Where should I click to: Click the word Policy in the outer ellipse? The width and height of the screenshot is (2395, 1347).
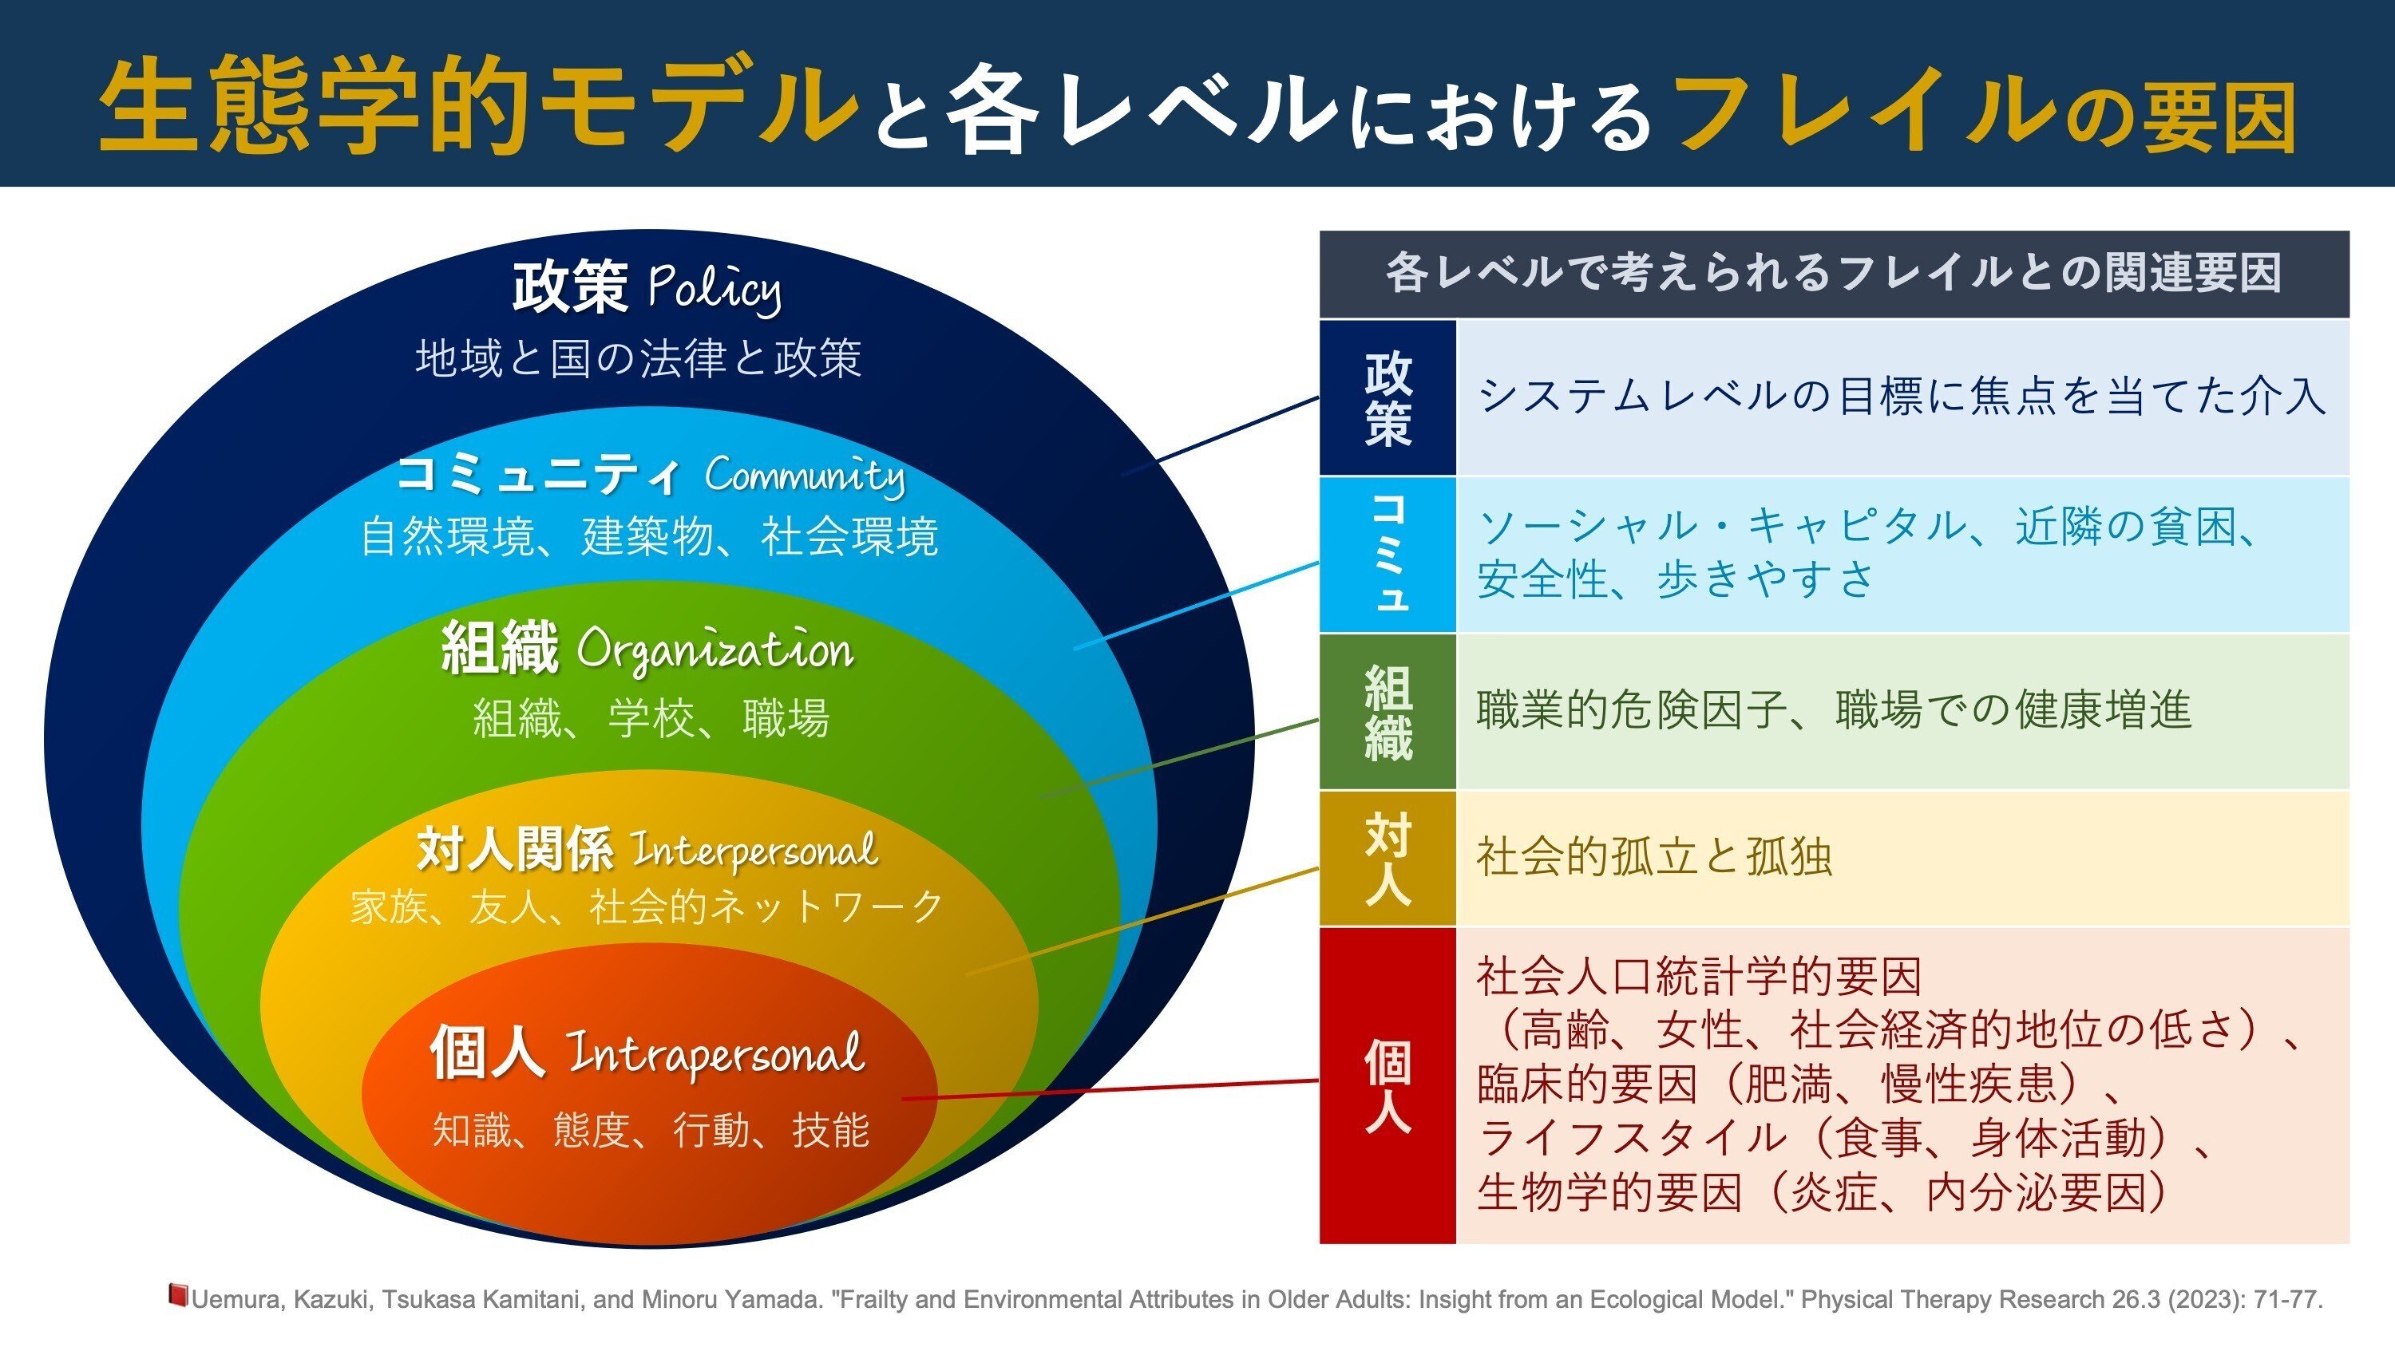click(714, 289)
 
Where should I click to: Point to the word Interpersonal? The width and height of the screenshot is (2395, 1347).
click(754, 850)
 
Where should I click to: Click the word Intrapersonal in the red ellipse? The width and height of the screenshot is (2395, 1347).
click(716, 1054)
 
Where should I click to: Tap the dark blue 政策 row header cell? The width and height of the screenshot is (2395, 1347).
click(1388, 398)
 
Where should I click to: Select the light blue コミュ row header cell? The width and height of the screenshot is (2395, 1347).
click(1388, 555)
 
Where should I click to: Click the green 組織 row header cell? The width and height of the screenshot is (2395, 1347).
click(1388, 712)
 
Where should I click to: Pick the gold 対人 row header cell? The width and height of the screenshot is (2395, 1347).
click(1388, 858)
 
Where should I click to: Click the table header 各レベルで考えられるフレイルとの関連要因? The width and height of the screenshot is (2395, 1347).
click(1834, 273)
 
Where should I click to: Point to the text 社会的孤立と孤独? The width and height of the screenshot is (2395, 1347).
click(1654, 857)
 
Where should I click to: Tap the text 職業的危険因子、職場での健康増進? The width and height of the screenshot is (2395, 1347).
click(1834, 710)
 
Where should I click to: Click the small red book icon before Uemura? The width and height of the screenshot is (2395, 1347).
click(177, 1295)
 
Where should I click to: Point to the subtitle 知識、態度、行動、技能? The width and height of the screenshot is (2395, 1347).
click(651, 1131)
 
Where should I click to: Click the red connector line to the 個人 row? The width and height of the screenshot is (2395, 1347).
click(1110, 1089)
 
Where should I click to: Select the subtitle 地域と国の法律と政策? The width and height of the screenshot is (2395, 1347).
click(639, 358)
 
